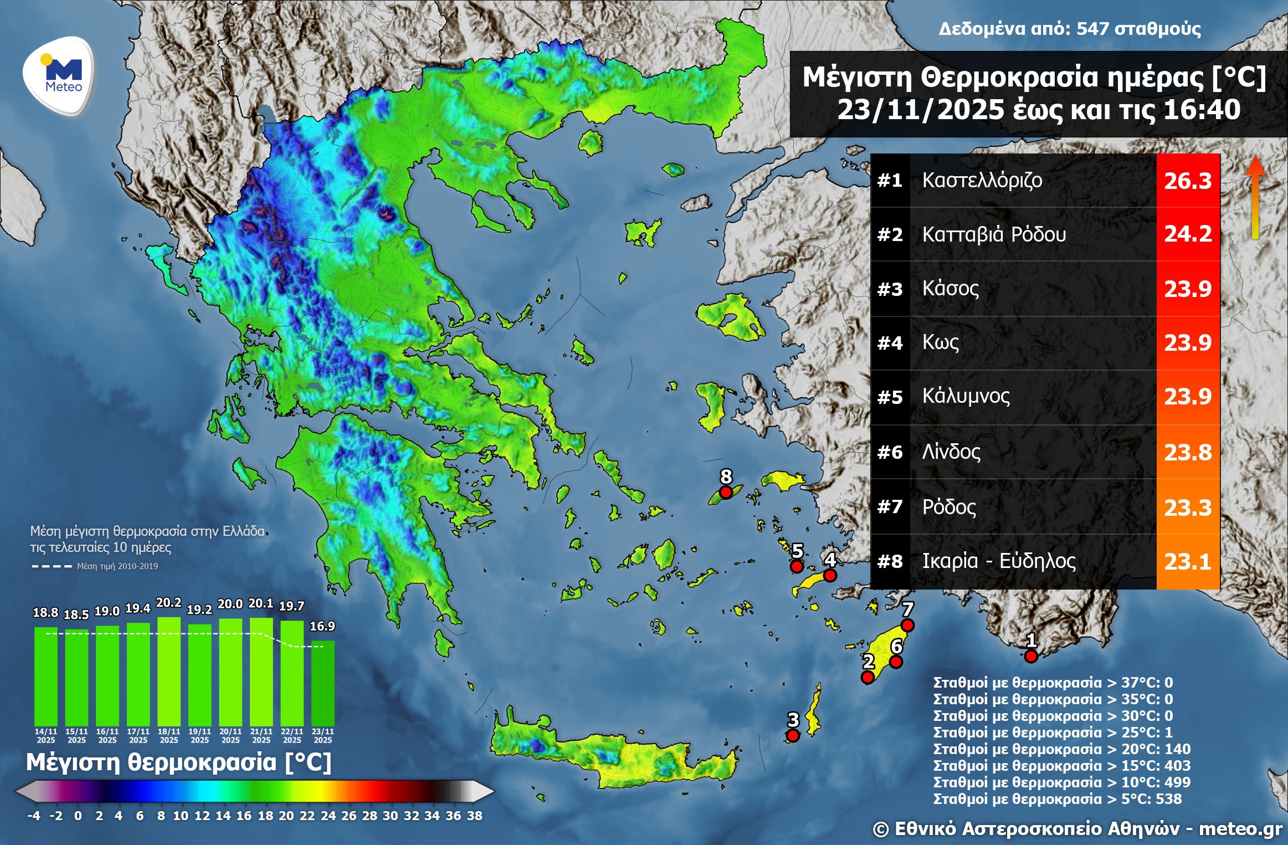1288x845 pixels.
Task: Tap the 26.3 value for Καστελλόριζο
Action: tap(1187, 181)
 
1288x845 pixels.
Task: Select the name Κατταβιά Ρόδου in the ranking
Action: tap(994, 234)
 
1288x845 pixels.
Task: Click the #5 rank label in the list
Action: tap(890, 397)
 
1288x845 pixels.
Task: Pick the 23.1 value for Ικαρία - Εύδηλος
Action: tap(1187, 562)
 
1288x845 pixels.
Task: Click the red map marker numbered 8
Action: tap(726, 492)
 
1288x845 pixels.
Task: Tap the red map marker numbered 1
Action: tap(1030, 657)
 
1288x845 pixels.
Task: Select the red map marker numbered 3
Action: tap(793, 735)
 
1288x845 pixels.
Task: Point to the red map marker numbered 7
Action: tap(907, 626)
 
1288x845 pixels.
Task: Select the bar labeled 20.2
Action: tap(169, 670)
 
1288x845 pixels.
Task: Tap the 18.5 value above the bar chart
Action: tap(76, 614)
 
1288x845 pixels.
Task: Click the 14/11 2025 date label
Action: tap(46, 735)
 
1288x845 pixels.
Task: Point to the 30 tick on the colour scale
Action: tap(390, 816)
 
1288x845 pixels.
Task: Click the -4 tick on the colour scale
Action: tap(34, 816)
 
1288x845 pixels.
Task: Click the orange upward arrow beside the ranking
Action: tap(1255, 197)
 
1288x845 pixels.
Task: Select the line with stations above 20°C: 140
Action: tap(1061, 749)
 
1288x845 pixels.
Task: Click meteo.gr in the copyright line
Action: tap(1240, 829)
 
